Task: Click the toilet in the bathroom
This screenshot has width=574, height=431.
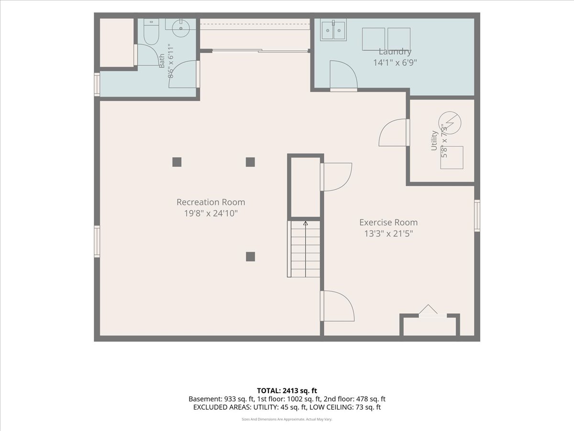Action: point(152,32)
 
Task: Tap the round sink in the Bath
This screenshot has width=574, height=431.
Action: point(181,28)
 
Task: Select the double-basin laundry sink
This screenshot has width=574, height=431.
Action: point(333,30)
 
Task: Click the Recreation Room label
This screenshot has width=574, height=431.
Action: point(211,202)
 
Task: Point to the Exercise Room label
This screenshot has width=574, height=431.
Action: point(388,222)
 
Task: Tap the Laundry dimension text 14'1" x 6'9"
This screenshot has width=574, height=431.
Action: point(395,63)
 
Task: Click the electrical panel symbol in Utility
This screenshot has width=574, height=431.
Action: point(450,123)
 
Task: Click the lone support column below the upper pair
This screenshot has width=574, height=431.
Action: point(250,257)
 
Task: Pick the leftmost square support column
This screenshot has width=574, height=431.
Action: point(177,162)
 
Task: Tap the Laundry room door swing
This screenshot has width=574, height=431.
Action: point(343,76)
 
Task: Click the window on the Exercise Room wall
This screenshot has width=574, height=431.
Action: point(477,215)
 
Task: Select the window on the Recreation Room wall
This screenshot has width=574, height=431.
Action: point(97,241)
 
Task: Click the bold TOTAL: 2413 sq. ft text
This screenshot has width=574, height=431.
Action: point(287,391)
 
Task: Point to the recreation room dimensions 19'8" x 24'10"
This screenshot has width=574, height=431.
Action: point(211,213)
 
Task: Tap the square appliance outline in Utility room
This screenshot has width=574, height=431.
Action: point(452,158)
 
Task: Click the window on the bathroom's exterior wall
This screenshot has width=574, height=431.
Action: point(97,85)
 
